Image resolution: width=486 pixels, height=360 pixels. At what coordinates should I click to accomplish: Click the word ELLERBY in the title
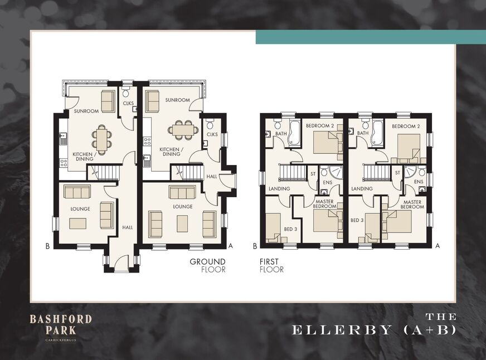coord(341,330)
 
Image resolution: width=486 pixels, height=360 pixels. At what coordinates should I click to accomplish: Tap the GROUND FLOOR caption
coord(208,265)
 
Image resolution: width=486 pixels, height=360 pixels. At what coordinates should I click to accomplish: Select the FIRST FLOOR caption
coord(271,265)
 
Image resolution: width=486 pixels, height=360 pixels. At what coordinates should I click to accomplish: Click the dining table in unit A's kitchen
coord(183,130)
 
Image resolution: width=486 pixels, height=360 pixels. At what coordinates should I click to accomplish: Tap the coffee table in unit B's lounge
coord(78,223)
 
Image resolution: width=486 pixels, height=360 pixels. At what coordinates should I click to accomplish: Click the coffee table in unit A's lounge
coord(182,223)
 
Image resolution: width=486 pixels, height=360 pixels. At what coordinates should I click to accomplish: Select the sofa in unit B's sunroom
coord(108,101)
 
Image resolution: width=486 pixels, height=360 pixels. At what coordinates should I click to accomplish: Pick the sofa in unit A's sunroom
coord(153,101)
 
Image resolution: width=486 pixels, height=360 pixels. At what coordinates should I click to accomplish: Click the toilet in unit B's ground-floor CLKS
coord(126,93)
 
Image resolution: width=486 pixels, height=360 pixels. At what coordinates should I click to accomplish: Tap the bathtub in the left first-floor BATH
coord(294,134)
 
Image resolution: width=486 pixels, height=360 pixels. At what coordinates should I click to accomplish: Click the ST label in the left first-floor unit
coord(313,174)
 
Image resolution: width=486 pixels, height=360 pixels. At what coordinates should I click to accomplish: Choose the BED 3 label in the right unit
coord(357,220)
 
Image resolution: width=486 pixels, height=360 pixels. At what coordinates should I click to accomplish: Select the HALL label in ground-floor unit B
coord(128,227)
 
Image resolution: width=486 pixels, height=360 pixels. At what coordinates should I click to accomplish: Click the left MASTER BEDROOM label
coord(324,204)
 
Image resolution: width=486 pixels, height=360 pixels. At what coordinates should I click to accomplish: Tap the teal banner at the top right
coord(371,37)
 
